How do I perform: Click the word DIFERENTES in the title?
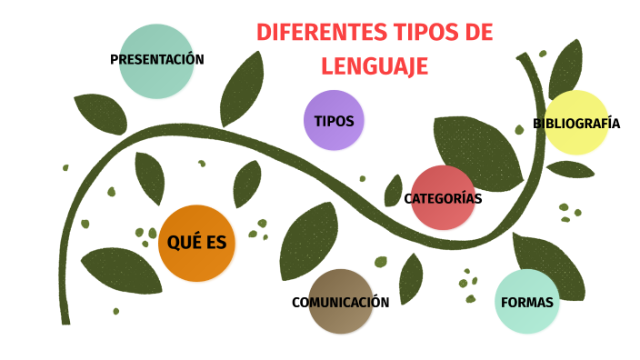click(x=308, y=33)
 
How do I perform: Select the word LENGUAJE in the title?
click(x=375, y=66)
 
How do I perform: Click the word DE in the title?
click(x=478, y=33)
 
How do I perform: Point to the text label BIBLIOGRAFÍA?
click(x=576, y=124)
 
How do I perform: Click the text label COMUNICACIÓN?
click(x=340, y=303)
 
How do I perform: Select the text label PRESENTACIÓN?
click(x=156, y=60)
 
